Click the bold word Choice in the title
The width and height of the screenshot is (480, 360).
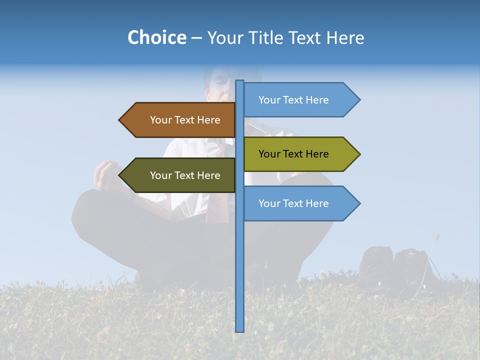(156, 37)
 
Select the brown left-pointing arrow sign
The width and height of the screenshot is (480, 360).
(180, 120)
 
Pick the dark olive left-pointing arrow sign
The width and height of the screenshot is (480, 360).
(180, 175)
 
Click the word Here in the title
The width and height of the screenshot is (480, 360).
(345, 38)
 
